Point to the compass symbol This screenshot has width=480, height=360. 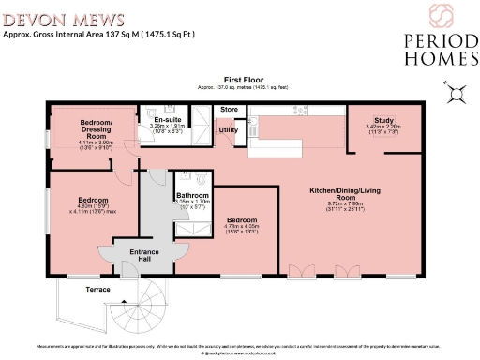[457, 92]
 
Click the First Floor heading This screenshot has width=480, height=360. [239, 80]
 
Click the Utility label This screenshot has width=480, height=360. [228, 129]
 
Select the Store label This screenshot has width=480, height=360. [230, 110]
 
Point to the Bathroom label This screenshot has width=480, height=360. [192, 195]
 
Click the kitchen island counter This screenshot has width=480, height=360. [280, 148]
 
